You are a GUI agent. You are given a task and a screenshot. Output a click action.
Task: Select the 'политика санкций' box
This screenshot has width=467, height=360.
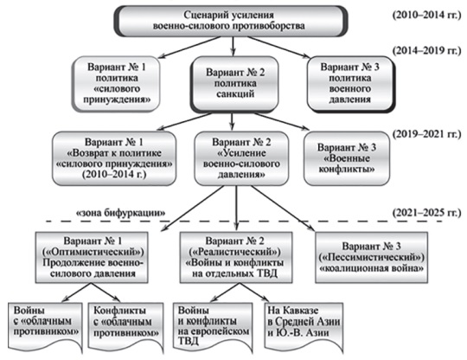click(234, 84)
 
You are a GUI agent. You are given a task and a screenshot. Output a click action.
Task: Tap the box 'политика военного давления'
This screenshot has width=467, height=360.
click(350, 84)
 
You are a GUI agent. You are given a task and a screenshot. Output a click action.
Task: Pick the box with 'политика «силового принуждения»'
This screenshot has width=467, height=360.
click(116, 84)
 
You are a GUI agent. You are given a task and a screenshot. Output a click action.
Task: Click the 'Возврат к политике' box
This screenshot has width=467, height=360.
click(114, 158)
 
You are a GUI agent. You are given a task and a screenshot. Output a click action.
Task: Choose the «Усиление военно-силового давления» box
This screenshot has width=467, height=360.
click(241, 158)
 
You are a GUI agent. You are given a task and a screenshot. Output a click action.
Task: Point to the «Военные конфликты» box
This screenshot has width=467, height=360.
click(347, 158)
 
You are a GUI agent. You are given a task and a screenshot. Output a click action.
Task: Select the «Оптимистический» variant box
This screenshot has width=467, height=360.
click(92, 258)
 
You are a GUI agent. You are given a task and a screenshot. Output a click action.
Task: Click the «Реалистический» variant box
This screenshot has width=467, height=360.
click(236, 258)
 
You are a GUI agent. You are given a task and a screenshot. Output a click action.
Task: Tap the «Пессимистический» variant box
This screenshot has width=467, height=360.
click(371, 258)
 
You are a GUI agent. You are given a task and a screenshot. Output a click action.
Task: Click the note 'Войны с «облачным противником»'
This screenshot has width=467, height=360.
click(45, 327)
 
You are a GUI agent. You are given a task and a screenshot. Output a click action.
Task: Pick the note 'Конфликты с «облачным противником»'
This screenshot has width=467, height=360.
click(126, 327)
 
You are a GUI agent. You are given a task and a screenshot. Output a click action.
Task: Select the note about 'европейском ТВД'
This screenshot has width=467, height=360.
click(213, 327)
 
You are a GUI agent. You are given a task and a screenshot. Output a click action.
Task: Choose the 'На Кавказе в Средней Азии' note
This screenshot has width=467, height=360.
click(304, 327)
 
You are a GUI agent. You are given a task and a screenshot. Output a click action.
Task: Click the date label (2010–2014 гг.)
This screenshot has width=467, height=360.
click(426, 15)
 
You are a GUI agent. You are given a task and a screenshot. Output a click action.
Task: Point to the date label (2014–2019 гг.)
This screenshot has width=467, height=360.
click(426, 50)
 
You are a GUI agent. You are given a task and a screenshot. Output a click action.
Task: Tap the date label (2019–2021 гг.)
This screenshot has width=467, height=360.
click(426, 134)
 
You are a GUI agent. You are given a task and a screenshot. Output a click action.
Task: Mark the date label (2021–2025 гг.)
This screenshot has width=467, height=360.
click(426, 213)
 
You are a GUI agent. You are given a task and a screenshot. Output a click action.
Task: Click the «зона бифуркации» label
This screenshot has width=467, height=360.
click(121, 213)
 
